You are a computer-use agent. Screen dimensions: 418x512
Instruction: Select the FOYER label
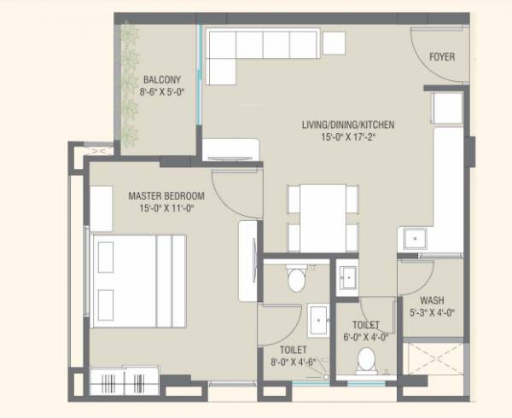pyautogui.click(x=442, y=57)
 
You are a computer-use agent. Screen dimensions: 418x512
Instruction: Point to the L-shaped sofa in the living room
pyautogui.click(x=256, y=47)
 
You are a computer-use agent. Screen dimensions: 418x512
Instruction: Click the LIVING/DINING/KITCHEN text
pyautogui.click(x=347, y=125)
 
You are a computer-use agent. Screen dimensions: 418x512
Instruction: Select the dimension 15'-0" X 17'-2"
pyautogui.click(x=347, y=137)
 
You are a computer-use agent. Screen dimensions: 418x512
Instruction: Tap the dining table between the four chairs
pyautogui.click(x=323, y=218)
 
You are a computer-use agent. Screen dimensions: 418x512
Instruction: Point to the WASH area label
pyautogui.click(x=431, y=300)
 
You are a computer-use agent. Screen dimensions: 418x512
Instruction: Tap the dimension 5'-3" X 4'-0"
pyautogui.click(x=431, y=313)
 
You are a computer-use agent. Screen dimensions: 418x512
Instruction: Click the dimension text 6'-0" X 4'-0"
pyautogui.click(x=364, y=336)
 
